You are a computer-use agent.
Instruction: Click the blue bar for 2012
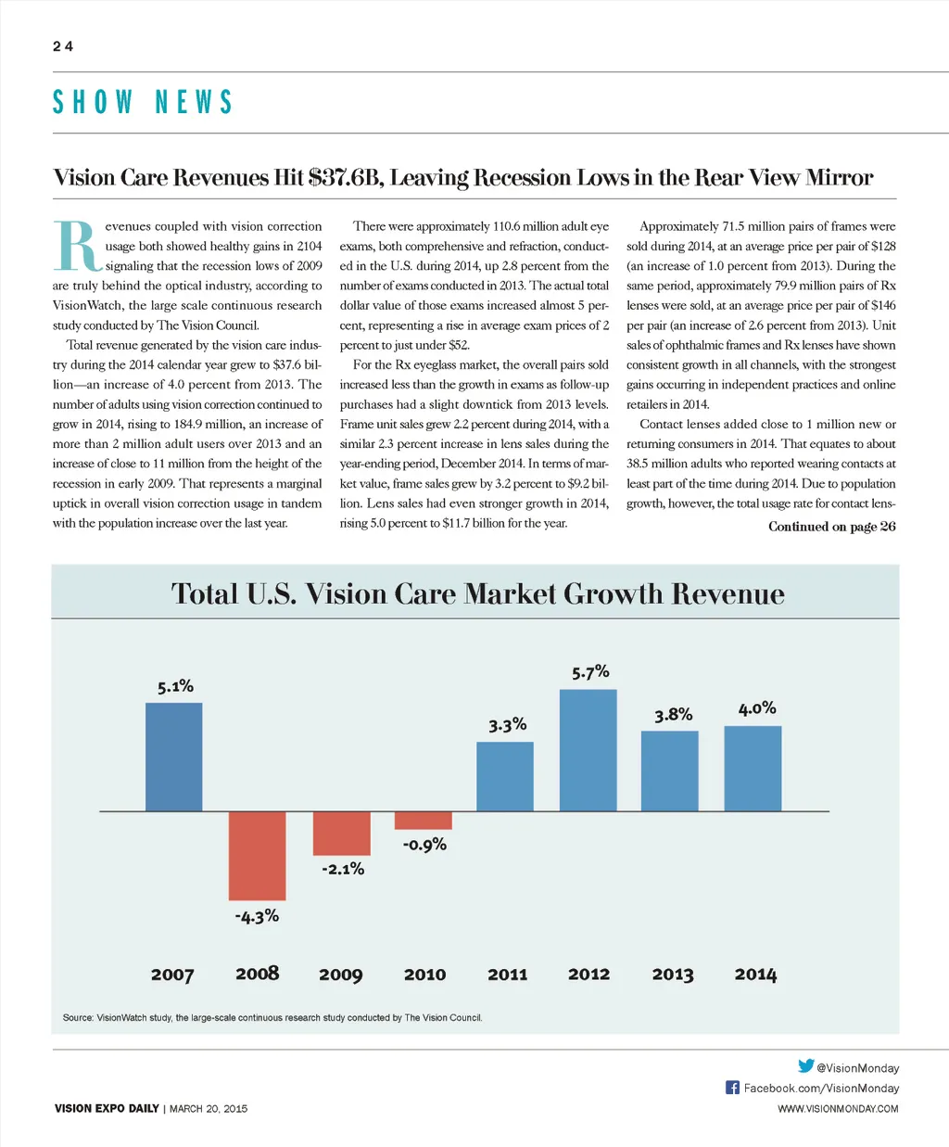point(588,750)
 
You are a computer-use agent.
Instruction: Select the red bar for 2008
point(258,855)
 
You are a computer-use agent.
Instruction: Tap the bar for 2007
point(174,757)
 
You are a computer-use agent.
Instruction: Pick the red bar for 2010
point(424,821)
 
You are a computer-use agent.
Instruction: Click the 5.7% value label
point(590,672)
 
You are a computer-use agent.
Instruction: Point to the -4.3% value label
point(257,916)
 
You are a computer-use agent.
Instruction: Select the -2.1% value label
point(343,869)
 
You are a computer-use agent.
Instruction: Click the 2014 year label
point(755,974)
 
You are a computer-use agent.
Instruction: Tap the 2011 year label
point(507,974)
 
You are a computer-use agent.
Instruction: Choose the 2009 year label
point(340,974)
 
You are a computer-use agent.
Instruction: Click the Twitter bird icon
point(805,1066)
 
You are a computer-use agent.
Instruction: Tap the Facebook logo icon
point(732,1087)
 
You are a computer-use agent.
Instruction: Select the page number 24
point(63,46)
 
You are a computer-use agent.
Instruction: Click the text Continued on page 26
point(831,527)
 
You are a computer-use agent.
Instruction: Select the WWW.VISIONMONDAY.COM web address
point(838,1108)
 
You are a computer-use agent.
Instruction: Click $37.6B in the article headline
point(345,177)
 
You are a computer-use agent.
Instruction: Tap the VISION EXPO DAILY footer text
point(107,1108)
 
